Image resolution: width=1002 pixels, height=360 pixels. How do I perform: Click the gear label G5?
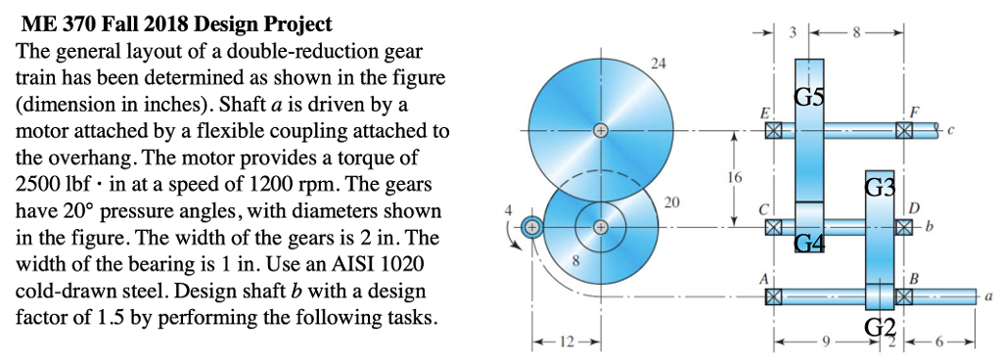point(810,97)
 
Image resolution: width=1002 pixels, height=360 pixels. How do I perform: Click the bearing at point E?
point(773,129)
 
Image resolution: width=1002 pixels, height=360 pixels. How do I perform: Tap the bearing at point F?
point(903,129)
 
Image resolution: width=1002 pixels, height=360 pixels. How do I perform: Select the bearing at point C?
point(773,227)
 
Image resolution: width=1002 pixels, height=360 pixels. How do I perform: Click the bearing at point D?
point(903,227)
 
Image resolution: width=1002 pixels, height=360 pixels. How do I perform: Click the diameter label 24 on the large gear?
point(658,64)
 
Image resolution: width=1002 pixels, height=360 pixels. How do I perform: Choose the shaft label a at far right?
point(989,294)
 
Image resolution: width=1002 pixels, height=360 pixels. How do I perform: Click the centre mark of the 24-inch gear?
point(600,129)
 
